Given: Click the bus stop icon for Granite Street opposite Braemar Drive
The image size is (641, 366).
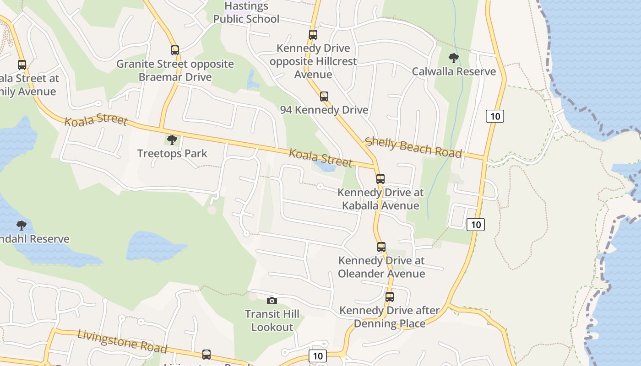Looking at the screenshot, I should tap(174, 50).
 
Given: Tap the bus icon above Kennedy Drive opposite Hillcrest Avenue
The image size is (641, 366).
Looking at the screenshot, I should tap(313, 35).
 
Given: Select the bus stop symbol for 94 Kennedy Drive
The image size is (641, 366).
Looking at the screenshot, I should tap(324, 97).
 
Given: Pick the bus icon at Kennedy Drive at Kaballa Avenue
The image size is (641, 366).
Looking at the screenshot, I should tap(380, 179).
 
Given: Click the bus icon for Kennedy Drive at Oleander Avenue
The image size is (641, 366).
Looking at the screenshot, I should tap(381, 247).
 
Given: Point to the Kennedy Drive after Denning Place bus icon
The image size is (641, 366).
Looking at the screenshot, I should tap(390, 297).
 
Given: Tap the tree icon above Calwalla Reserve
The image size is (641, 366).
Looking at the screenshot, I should tap(454, 58).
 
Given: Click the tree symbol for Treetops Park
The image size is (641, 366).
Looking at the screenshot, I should tap(172, 140).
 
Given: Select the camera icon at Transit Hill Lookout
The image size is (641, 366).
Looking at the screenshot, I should tap(272, 301).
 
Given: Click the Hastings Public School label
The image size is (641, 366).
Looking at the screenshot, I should tap(246, 13).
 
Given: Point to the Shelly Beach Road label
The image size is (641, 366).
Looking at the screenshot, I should tap(413, 147).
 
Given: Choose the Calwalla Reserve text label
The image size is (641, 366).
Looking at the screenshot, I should tap(454, 71).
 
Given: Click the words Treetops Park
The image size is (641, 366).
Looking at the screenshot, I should tap(172, 153).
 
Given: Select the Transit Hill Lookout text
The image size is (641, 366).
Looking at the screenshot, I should tap(272, 320).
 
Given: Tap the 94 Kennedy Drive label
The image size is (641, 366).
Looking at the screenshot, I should tap(324, 110).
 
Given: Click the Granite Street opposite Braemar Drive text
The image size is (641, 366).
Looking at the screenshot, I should tap(175, 70).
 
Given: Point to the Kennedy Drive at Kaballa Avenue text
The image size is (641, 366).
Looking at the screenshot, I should tap(380, 199).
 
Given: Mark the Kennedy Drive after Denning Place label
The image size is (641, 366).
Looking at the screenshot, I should tap(390, 317).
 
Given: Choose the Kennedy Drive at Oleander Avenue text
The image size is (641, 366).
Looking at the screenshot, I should tap(381, 267).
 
